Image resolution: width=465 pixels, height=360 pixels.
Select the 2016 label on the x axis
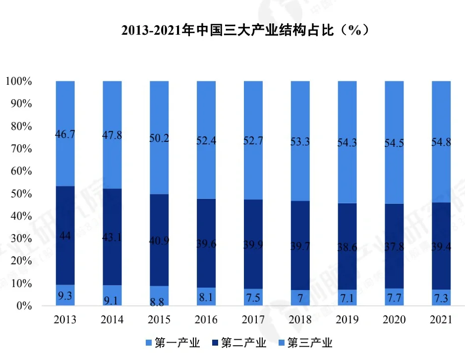click(x=206, y=320)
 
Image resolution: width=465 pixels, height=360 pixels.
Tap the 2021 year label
click(x=441, y=320)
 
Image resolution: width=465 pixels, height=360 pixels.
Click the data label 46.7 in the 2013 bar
click(x=65, y=134)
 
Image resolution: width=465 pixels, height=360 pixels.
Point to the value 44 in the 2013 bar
click(x=65, y=236)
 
